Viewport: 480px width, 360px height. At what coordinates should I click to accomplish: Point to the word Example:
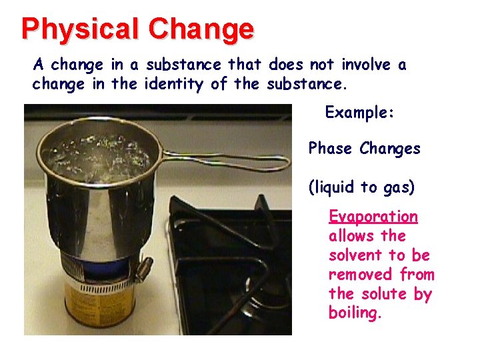(360, 112)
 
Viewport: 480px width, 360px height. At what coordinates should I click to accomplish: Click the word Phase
(331, 148)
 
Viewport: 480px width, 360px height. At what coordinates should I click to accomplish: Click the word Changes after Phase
(390, 148)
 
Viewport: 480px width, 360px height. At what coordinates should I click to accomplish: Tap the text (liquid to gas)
(361, 187)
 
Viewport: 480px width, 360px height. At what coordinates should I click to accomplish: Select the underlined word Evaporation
(373, 217)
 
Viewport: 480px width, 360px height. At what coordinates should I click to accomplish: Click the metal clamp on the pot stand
(142, 271)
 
